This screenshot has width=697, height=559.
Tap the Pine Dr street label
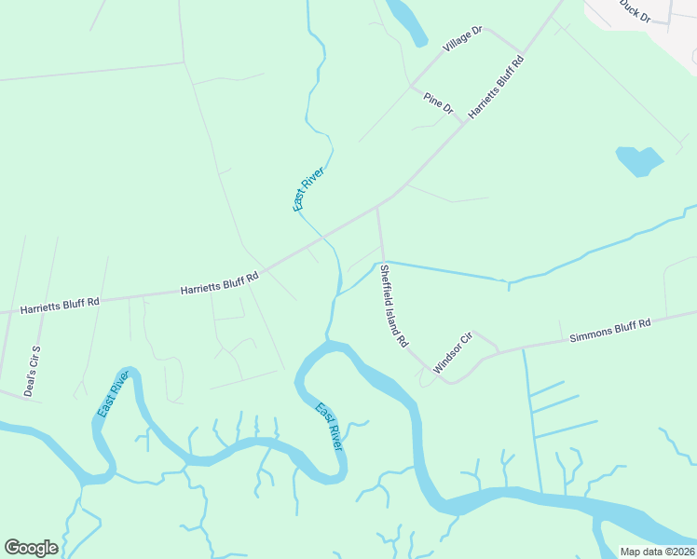click(438, 103)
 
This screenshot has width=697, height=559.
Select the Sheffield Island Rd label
click(392, 307)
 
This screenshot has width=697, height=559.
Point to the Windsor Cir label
click(453, 353)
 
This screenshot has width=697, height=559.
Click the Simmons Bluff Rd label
click(610, 330)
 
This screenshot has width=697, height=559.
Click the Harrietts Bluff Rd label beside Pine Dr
click(497, 87)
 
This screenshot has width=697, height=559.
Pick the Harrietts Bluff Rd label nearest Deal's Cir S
click(60, 305)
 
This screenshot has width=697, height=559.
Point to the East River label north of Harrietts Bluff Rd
click(307, 188)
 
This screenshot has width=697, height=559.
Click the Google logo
click(31, 548)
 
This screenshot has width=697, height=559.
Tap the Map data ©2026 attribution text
click(657, 552)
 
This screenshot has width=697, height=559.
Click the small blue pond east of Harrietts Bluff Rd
click(638, 160)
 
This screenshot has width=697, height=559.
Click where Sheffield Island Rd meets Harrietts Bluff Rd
click(377, 209)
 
